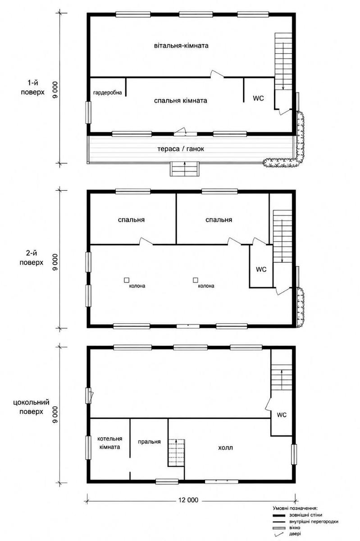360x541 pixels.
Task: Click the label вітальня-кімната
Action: pos(181,46)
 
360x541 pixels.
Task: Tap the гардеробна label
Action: pos(108,92)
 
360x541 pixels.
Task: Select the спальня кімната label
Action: pos(181,101)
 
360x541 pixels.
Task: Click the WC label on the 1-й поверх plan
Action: pos(258,98)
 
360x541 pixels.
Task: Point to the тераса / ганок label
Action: pos(181,149)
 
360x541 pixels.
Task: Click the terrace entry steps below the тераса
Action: pos(185,169)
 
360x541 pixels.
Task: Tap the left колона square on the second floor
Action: pos(127,280)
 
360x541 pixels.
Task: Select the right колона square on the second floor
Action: pos(196,280)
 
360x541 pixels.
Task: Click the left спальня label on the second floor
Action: pos(132,220)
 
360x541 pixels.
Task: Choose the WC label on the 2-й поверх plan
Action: pos(261,269)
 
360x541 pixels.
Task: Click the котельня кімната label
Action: pos(109,443)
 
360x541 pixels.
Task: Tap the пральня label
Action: pos(149,442)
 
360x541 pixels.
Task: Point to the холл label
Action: pos(226,448)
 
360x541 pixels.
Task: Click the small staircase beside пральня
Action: pos(176,453)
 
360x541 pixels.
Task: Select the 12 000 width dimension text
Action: pos(188,500)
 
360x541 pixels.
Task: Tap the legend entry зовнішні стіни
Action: pos(305,515)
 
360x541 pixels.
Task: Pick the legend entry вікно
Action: pos(295,527)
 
